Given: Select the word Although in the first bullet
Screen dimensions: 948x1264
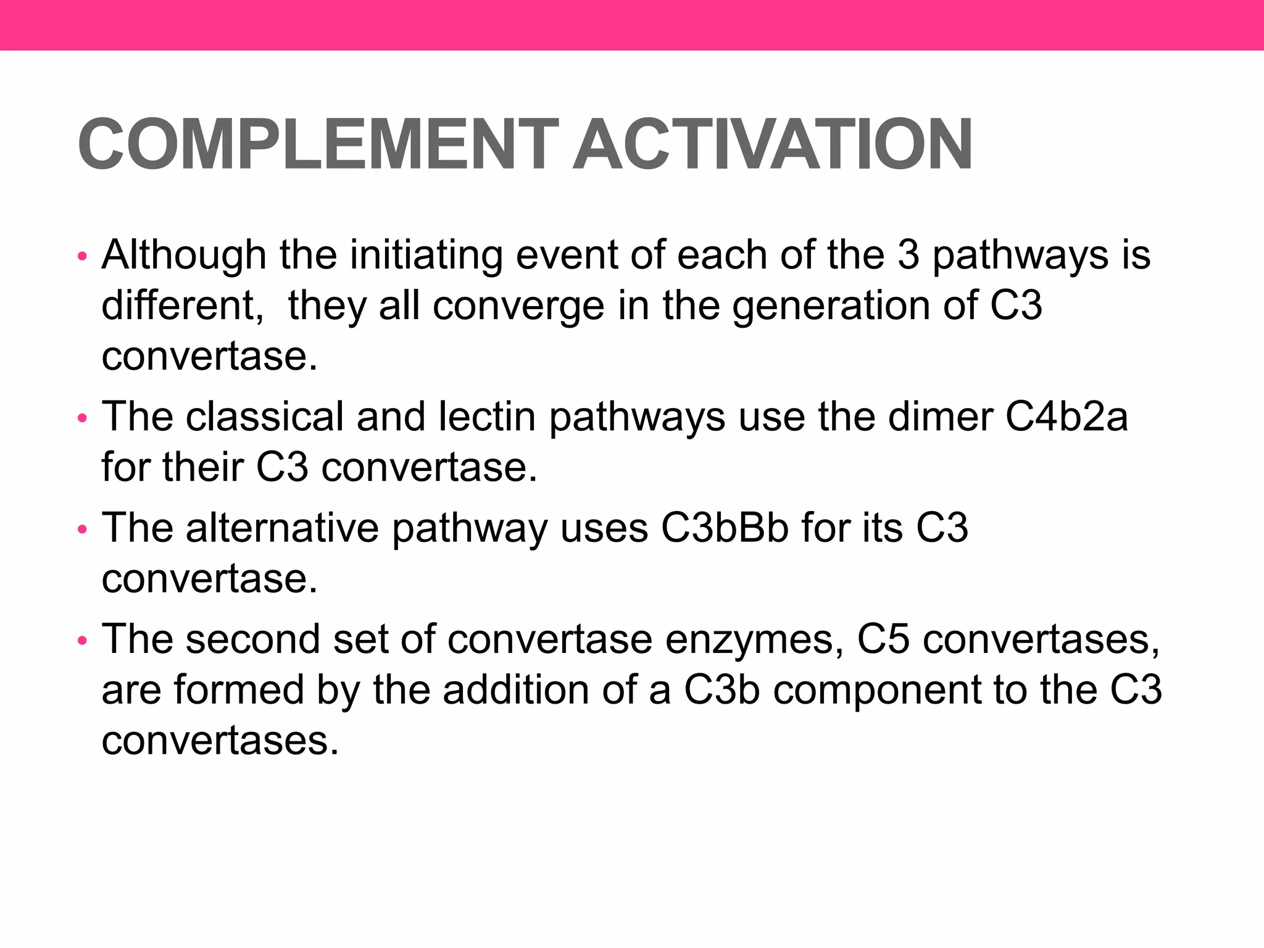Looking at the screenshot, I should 183,256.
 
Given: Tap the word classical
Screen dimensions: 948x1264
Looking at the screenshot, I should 264,417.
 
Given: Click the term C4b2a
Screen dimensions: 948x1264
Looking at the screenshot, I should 1066,417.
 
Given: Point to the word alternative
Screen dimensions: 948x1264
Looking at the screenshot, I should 282,528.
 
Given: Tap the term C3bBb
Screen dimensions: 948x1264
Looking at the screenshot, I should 725,528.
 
